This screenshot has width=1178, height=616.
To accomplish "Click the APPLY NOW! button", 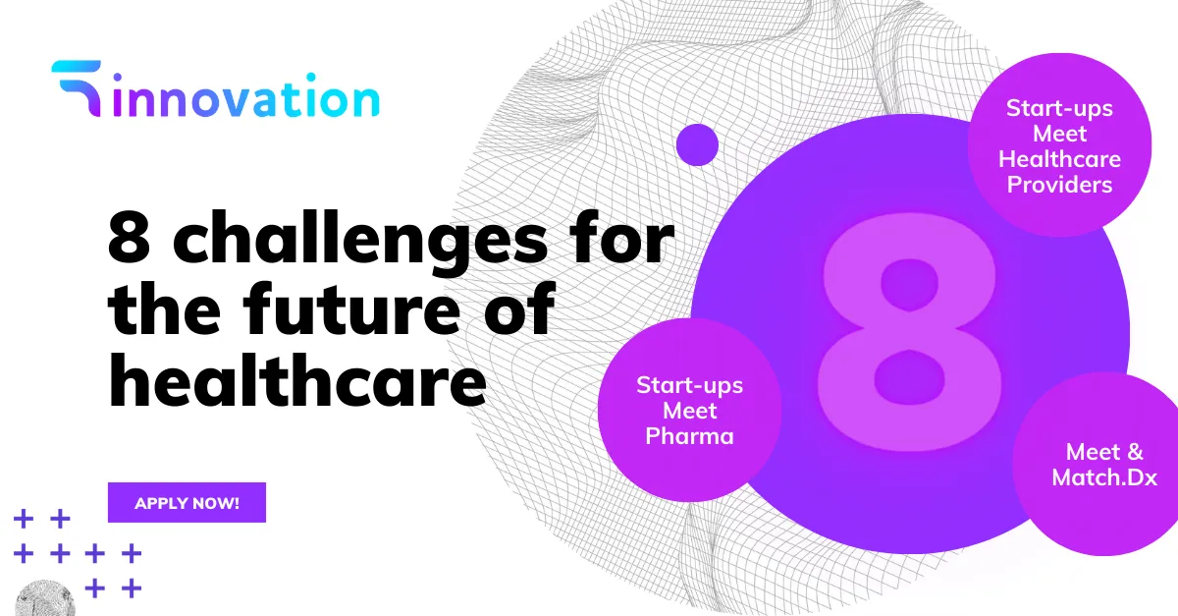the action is (x=187, y=502).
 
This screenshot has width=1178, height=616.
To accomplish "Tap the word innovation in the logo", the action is (x=246, y=95).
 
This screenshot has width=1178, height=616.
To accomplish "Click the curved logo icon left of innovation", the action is (x=78, y=86).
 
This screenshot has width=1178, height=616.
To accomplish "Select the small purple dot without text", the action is (x=697, y=144).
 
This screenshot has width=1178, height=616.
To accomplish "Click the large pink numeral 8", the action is (x=909, y=332).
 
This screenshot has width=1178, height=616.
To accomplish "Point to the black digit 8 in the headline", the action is (x=129, y=237).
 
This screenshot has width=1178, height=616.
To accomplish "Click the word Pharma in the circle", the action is (x=689, y=436).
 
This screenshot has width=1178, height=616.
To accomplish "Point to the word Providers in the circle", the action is (x=1059, y=185).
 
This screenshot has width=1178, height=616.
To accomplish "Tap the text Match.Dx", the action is (x=1104, y=477).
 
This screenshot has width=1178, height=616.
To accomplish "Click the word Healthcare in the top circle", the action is (x=1059, y=159).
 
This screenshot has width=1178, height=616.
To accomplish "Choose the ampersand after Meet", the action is (x=1136, y=452).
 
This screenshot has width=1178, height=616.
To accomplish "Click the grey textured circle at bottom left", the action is (x=45, y=598).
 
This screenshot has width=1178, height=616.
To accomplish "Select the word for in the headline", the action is (x=622, y=237).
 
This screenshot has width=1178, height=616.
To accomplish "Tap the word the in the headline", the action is (x=164, y=308).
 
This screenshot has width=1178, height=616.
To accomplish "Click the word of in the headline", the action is (x=519, y=308).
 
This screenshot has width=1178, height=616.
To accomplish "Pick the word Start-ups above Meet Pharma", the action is (x=689, y=386).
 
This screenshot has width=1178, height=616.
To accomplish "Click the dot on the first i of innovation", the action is (x=118, y=79).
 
